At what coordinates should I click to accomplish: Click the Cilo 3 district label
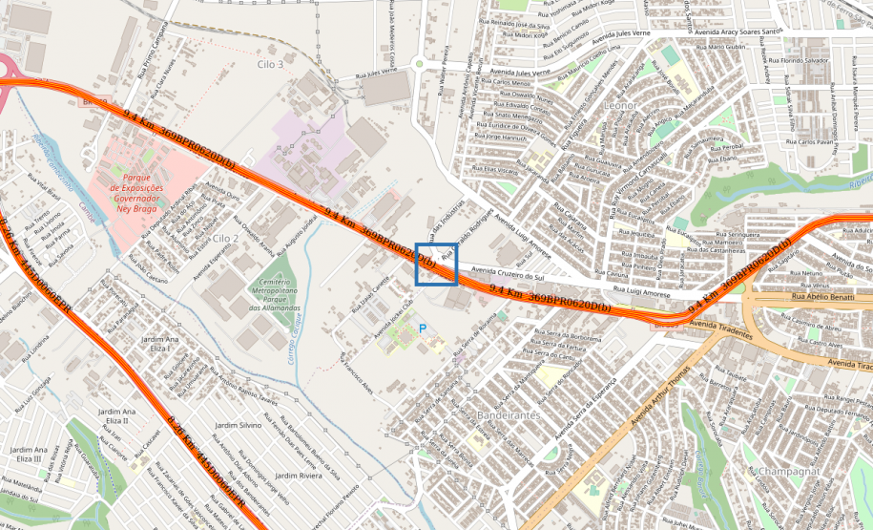click(x=270, y=64)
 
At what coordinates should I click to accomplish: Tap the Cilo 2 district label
click(x=225, y=237)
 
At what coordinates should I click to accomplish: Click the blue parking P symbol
click(x=423, y=329)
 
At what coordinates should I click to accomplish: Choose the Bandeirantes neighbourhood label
click(x=508, y=416)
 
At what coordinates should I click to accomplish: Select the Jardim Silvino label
click(x=239, y=425)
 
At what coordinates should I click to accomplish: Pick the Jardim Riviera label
click(x=299, y=475)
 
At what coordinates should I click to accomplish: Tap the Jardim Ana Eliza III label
click(x=28, y=454)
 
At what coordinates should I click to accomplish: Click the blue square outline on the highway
click(x=436, y=264)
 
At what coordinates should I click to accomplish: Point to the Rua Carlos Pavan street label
click(x=817, y=141)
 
